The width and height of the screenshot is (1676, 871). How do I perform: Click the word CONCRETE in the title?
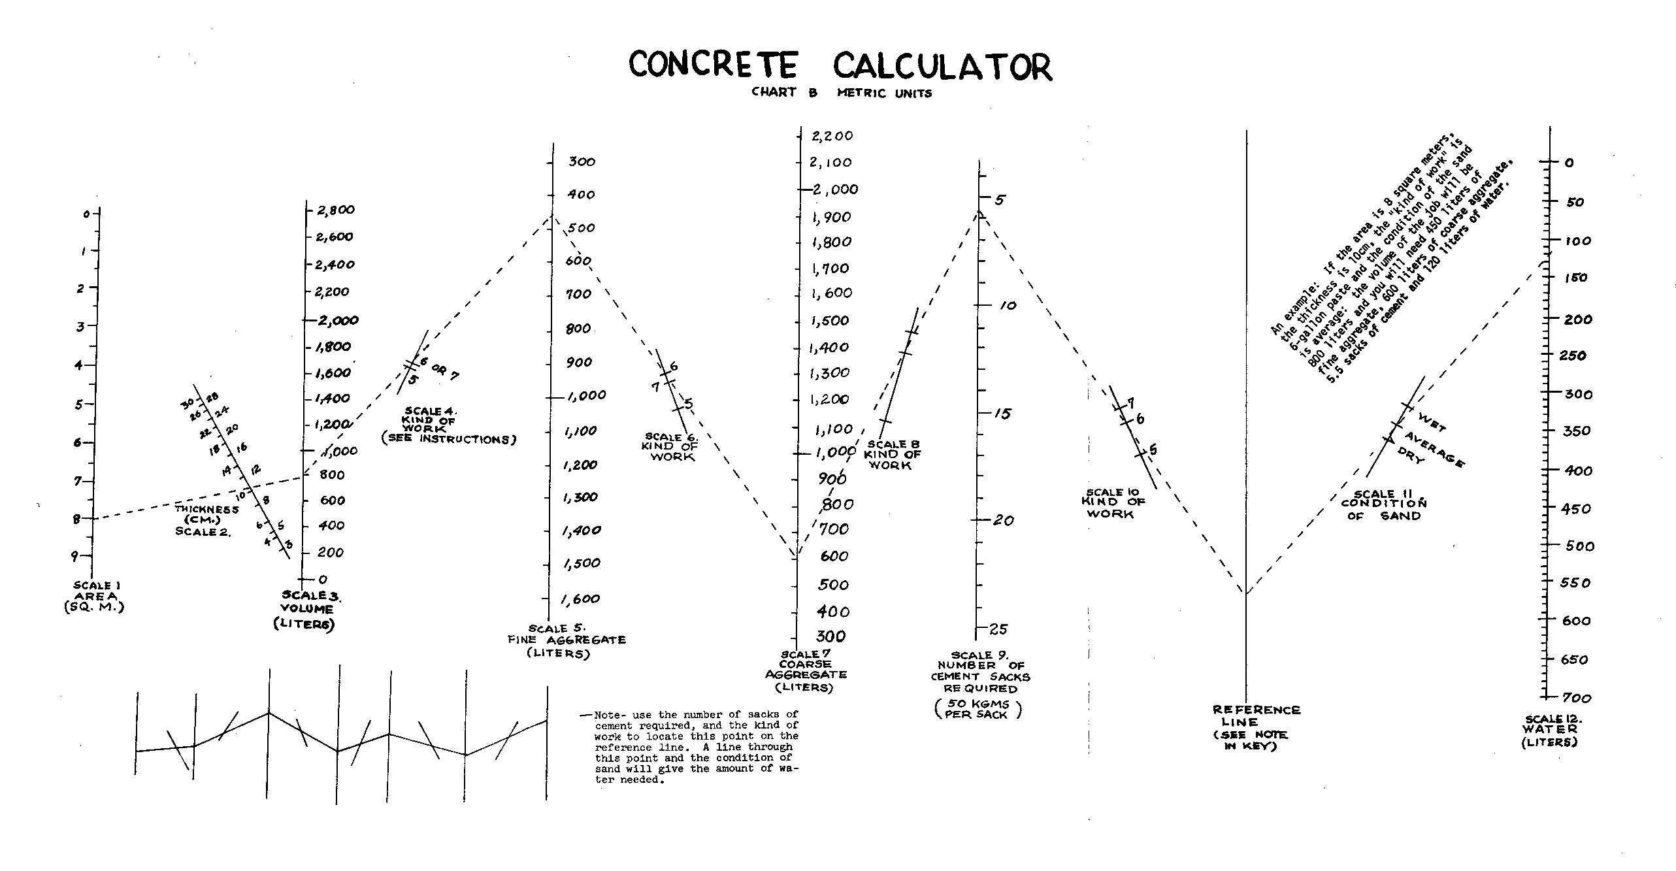point(713,65)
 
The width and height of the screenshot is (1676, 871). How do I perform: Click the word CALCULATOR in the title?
point(942,67)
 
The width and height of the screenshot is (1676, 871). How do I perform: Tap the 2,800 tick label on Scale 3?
point(335,210)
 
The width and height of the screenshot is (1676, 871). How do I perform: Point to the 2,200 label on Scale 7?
point(832,136)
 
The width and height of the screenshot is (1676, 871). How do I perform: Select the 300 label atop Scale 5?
point(582,161)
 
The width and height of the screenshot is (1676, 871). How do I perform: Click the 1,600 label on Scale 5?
point(581,599)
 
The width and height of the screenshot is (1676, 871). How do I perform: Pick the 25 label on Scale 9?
point(998,629)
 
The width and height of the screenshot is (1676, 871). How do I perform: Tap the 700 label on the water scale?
point(1577,698)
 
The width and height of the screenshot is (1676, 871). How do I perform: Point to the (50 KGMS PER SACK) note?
point(978,709)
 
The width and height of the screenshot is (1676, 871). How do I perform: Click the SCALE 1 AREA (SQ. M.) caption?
point(95,596)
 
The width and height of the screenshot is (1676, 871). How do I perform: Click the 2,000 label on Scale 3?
point(338,320)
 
